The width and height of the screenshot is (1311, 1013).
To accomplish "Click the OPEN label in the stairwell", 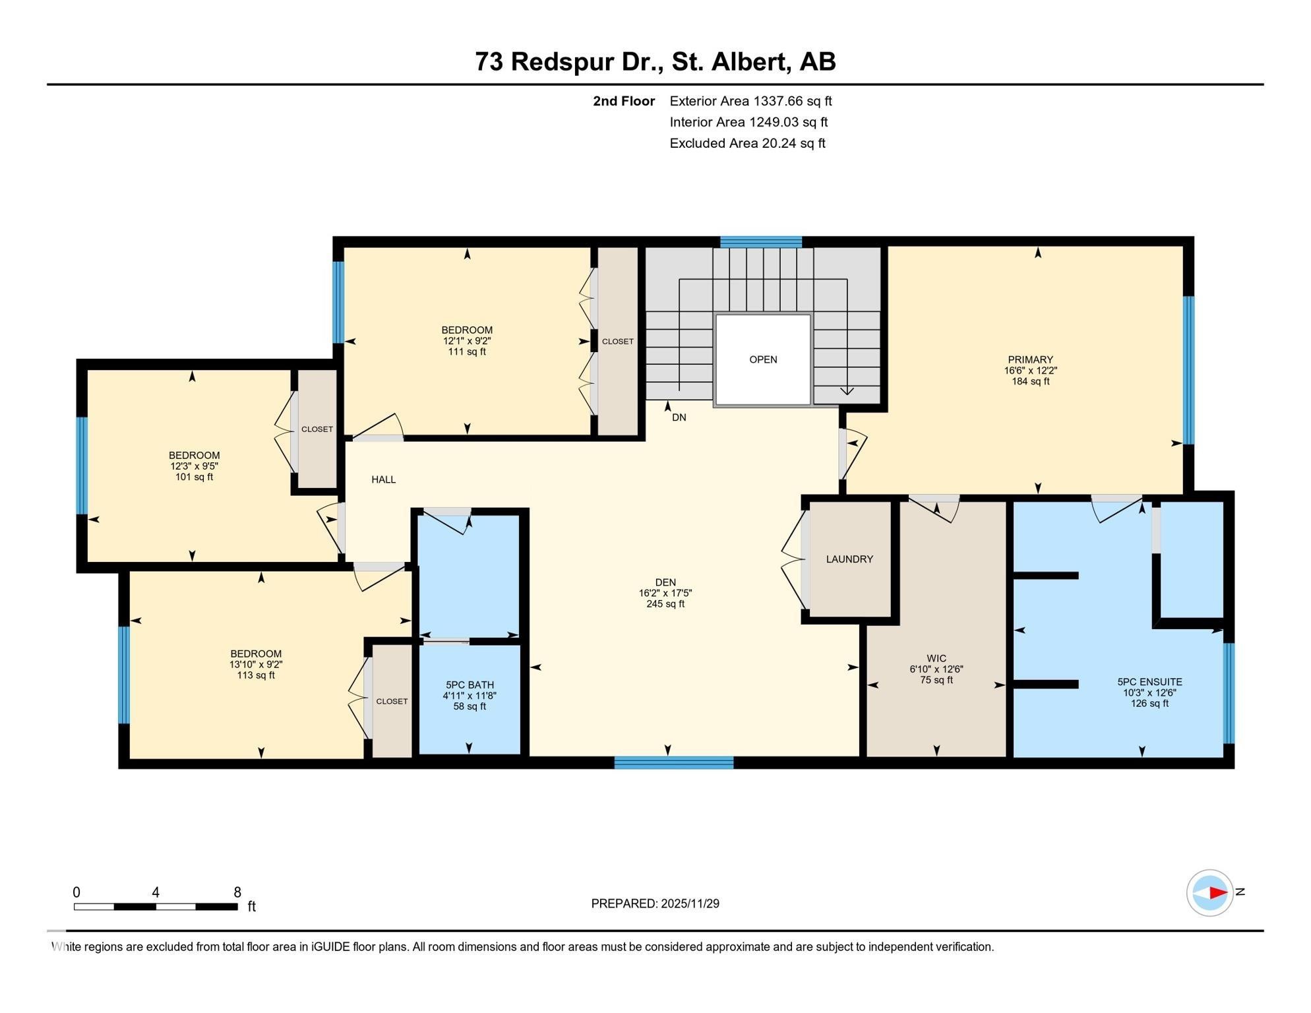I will click(763, 359).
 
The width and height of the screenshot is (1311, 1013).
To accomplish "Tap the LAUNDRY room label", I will click(849, 559).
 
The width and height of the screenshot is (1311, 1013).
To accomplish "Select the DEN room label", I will click(665, 582).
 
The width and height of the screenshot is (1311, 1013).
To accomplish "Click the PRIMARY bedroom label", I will click(1030, 360).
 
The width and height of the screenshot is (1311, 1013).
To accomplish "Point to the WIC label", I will click(936, 659).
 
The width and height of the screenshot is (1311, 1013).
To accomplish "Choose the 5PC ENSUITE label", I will click(1149, 682).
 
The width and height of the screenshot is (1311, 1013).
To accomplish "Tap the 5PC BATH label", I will click(470, 685).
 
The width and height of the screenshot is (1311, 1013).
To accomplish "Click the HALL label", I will click(383, 480).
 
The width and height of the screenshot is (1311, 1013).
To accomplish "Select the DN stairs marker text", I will click(679, 417).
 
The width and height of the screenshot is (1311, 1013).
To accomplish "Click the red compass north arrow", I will click(1217, 893).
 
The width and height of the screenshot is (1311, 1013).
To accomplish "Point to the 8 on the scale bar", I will click(237, 892).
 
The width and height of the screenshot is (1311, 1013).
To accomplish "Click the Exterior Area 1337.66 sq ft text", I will click(750, 101).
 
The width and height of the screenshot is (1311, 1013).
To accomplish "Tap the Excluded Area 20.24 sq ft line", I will click(747, 143).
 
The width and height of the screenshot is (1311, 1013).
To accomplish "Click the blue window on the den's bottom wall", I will click(673, 763).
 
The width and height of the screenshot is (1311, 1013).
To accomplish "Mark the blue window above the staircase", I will click(760, 242).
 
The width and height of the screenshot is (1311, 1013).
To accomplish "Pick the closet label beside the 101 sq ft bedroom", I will click(317, 429).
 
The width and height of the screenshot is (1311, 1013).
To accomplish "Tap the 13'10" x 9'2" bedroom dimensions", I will click(256, 665).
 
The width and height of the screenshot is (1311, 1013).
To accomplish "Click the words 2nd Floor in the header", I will click(623, 101).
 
